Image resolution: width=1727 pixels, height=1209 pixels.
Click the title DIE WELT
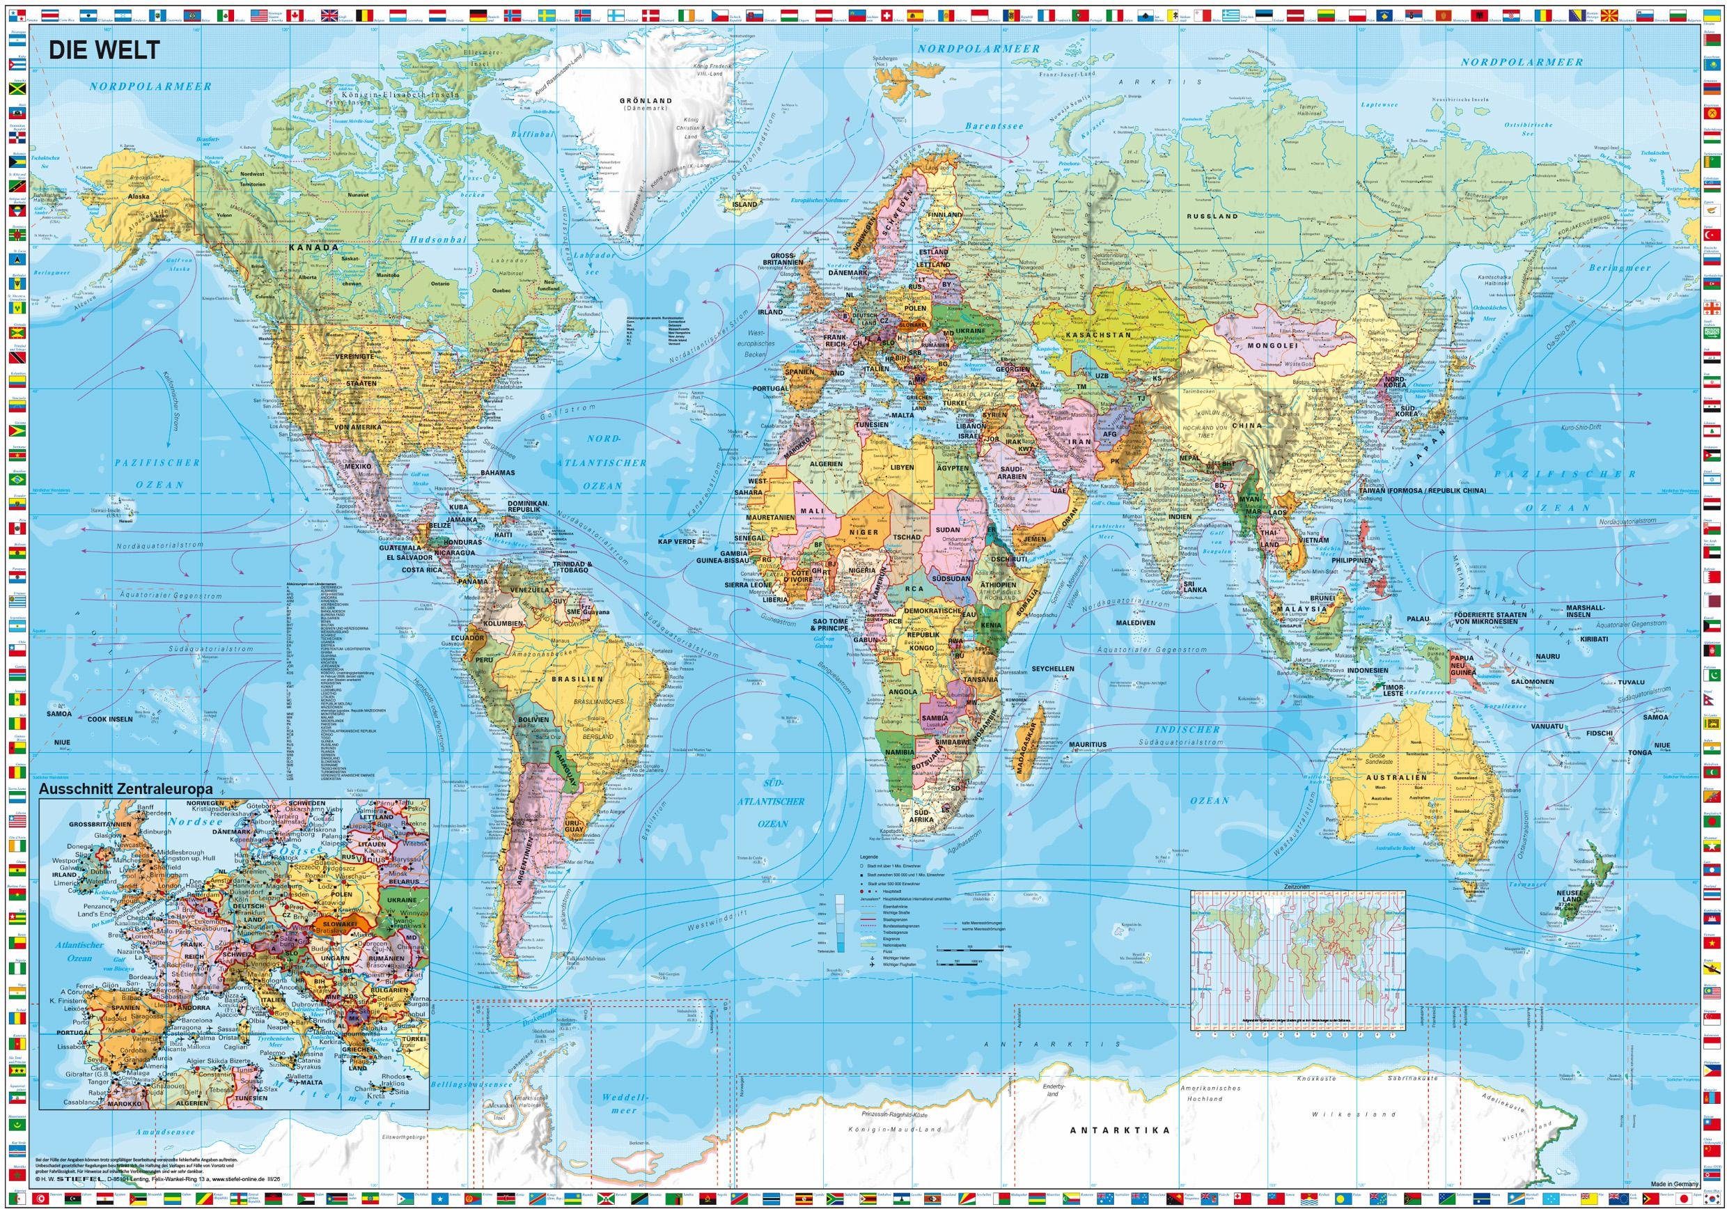coord(104,50)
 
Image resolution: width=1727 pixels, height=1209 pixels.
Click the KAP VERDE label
coord(675,541)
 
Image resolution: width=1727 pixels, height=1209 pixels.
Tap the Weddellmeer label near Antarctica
coord(623,1103)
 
